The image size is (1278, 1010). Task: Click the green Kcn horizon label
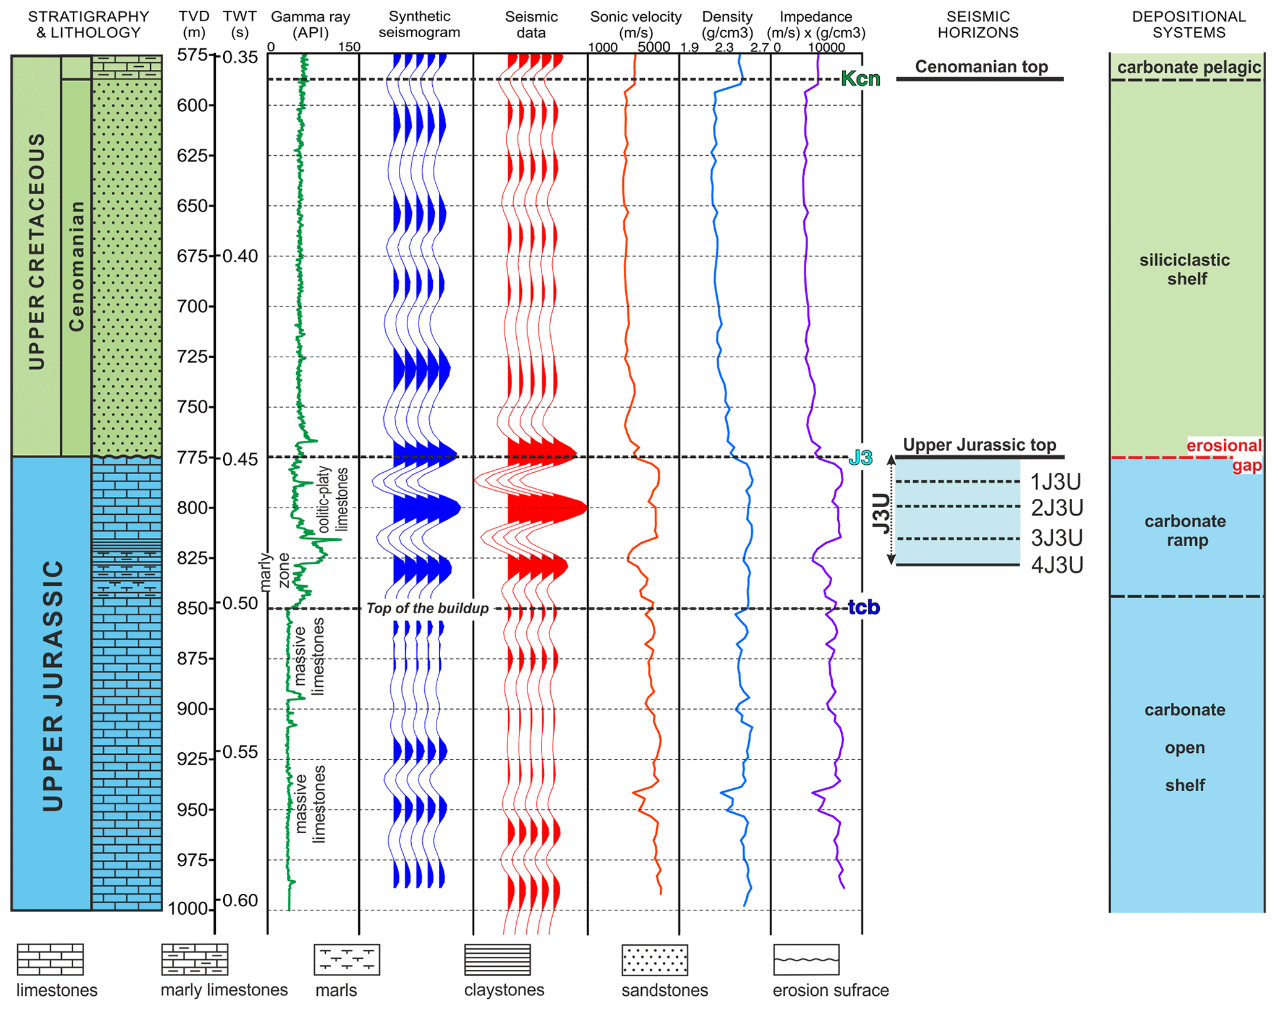click(x=860, y=79)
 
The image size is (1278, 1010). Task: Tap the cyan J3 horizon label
click(x=860, y=457)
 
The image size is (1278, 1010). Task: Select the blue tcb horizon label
click(x=863, y=608)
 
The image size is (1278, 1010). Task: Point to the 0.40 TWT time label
click(x=240, y=255)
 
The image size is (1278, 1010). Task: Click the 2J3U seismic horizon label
click(x=1057, y=507)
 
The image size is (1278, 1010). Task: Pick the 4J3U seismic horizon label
click(x=1057, y=565)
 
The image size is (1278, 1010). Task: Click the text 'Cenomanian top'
click(x=981, y=66)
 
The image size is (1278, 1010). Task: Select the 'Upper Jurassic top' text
click(x=979, y=444)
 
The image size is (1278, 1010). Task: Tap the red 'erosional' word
click(x=1223, y=445)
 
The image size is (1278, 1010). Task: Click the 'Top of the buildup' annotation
click(x=427, y=608)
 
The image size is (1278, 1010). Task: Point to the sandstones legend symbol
click(x=654, y=959)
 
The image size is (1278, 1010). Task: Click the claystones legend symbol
click(x=497, y=959)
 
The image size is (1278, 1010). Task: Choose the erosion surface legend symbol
click(x=806, y=959)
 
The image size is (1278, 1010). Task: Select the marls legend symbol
click(x=346, y=959)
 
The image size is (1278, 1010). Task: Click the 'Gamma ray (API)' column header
click(x=310, y=25)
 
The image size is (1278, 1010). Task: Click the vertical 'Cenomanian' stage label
click(x=76, y=266)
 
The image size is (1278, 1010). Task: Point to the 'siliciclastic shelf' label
click(x=1184, y=269)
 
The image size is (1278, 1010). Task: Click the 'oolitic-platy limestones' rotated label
click(x=333, y=499)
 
